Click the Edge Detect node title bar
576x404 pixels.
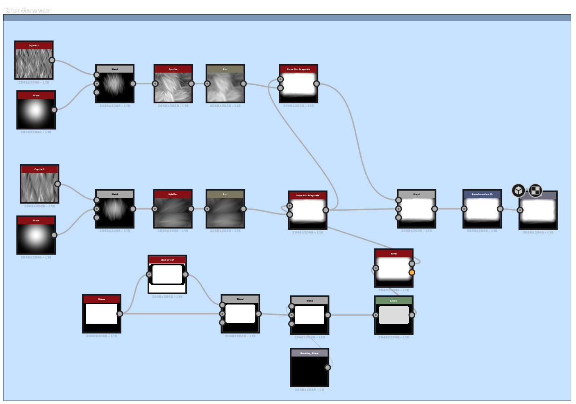coord(167,260)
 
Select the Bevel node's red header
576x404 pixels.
coord(394,254)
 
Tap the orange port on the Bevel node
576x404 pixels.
coord(412,272)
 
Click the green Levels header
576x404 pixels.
coord(394,301)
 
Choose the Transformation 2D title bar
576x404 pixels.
coord(482,194)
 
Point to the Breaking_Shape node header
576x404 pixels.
coord(309,353)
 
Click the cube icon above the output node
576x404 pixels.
coord(519,191)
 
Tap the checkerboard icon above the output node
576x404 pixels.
coord(535,191)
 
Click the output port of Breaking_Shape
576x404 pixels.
coord(328,368)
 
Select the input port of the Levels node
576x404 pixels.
coord(376,315)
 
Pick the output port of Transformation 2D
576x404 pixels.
coord(500,209)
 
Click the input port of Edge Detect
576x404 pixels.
coord(149,275)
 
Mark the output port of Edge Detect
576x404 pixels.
coord(185,275)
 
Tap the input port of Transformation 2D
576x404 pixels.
coord(464,209)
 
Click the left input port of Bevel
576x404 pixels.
coord(376,268)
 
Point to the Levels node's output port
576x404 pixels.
coord(412,315)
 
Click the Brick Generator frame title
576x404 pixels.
coord(28,11)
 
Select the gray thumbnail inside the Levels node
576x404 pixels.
coord(394,315)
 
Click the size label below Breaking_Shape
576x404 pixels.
coord(309,390)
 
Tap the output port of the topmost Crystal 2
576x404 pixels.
coord(52,60)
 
